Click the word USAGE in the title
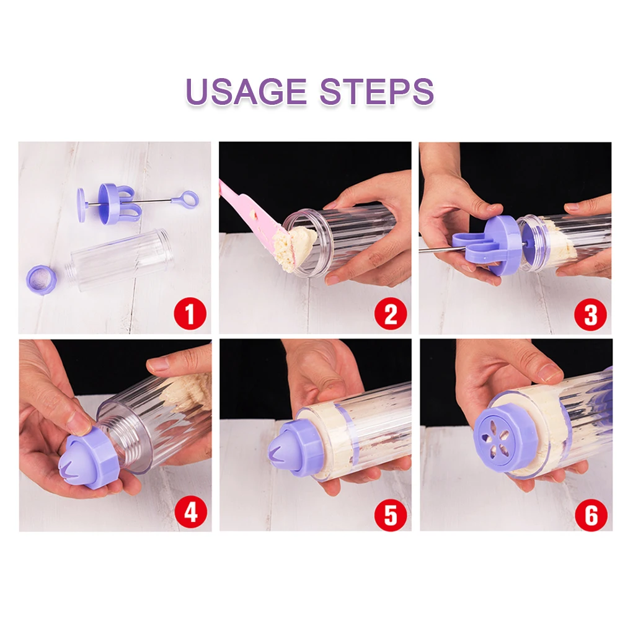tap(246, 91)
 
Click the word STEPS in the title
tap(376, 91)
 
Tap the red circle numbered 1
tap(190, 314)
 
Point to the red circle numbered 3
tap(590, 315)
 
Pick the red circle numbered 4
tap(191, 513)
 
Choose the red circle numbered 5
tap(391, 514)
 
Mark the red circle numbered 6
tap(591, 515)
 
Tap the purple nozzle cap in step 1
tap(41, 278)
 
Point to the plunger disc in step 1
tap(81, 205)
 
